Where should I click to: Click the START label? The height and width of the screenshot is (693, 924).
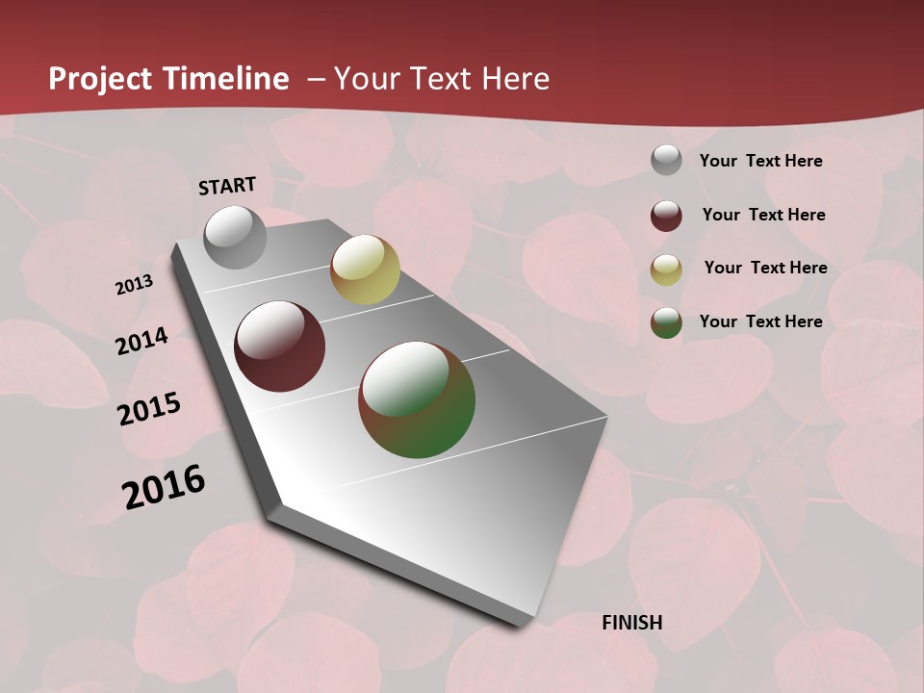pyautogui.click(x=227, y=186)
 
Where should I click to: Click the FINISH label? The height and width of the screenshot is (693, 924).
pyautogui.click(x=632, y=623)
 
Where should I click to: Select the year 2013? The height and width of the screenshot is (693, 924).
pyautogui.click(x=134, y=285)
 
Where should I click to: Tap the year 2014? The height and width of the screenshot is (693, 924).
pyautogui.click(x=141, y=342)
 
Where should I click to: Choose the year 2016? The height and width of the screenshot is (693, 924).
pyautogui.click(x=164, y=487)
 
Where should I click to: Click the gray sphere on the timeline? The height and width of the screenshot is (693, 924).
pyautogui.click(x=235, y=237)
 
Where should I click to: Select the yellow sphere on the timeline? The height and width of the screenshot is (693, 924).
pyautogui.click(x=365, y=269)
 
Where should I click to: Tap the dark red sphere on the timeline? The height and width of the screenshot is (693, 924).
pyautogui.click(x=280, y=346)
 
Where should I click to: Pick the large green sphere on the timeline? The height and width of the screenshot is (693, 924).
pyautogui.click(x=417, y=399)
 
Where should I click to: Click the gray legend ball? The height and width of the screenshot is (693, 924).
pyautogui.click(x=666, y=161)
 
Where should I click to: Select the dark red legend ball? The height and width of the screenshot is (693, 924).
pyautogui.click(x=666, y=216)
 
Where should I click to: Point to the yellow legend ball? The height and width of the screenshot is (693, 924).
pyautogui.click(x=666, y=269)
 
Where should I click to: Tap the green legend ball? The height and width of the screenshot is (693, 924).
pyautogui.click(x=666, y=322)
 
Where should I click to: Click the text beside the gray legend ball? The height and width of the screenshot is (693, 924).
pyautogui.click(x=760, y=161)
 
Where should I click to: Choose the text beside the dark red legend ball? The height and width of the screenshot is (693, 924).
pyautogui.click(x=763, y=215)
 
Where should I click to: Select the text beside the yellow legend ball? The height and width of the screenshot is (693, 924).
pyautogui.click(x=765, y=268)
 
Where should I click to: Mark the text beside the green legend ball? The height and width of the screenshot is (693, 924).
pyautogui.click(x=760, y=321)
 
